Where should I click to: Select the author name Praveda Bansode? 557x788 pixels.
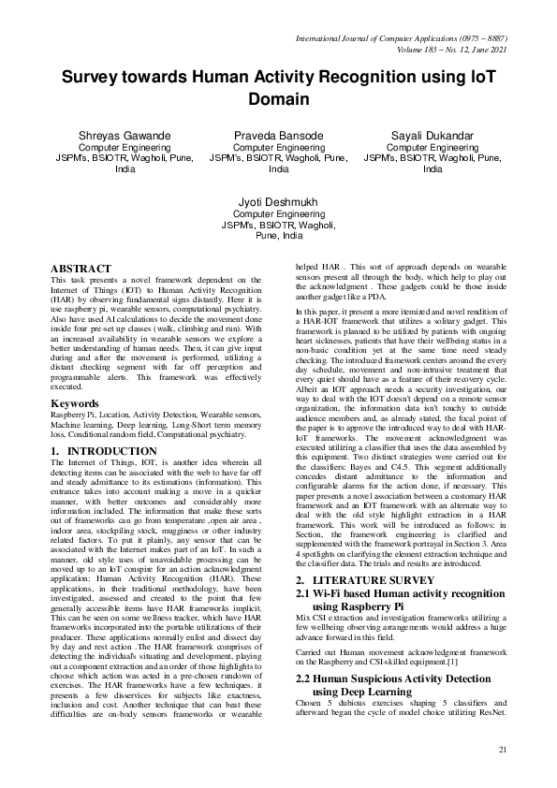pos(278,136)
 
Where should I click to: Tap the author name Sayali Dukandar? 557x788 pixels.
pos(432,136)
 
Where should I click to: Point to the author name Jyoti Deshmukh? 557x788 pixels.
pos(278,202)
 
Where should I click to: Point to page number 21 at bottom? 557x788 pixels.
pos(502,750)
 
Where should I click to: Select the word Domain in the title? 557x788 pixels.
pos(278,98)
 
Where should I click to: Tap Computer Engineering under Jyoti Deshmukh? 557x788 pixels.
pos(278,214)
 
